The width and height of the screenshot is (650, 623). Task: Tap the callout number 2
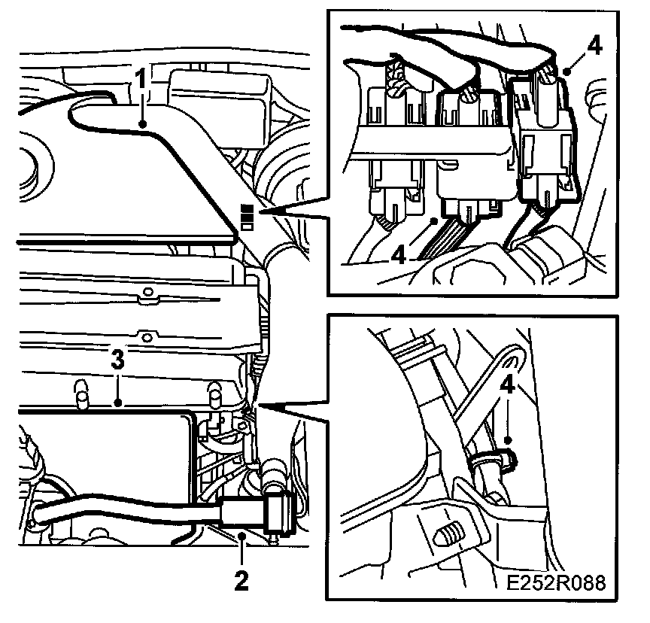point(242,579)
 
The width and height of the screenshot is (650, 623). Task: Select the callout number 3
point(117,360)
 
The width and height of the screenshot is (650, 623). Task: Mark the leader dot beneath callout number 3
point(117,404)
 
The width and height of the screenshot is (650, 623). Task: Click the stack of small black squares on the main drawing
point(246,217)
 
